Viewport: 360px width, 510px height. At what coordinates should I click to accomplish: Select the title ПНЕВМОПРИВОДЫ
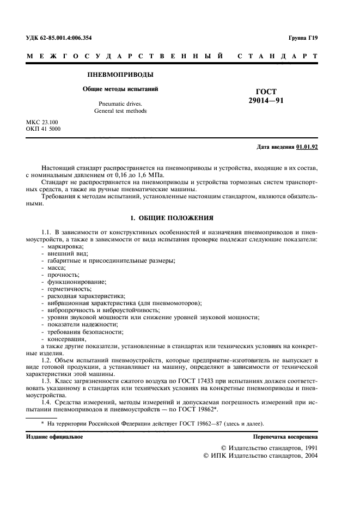120,74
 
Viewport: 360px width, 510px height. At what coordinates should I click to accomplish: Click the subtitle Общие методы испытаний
120,89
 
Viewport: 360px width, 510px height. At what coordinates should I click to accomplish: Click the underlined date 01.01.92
308,147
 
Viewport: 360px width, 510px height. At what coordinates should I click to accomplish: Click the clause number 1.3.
48,382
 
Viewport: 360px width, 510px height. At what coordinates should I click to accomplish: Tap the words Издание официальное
54,438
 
